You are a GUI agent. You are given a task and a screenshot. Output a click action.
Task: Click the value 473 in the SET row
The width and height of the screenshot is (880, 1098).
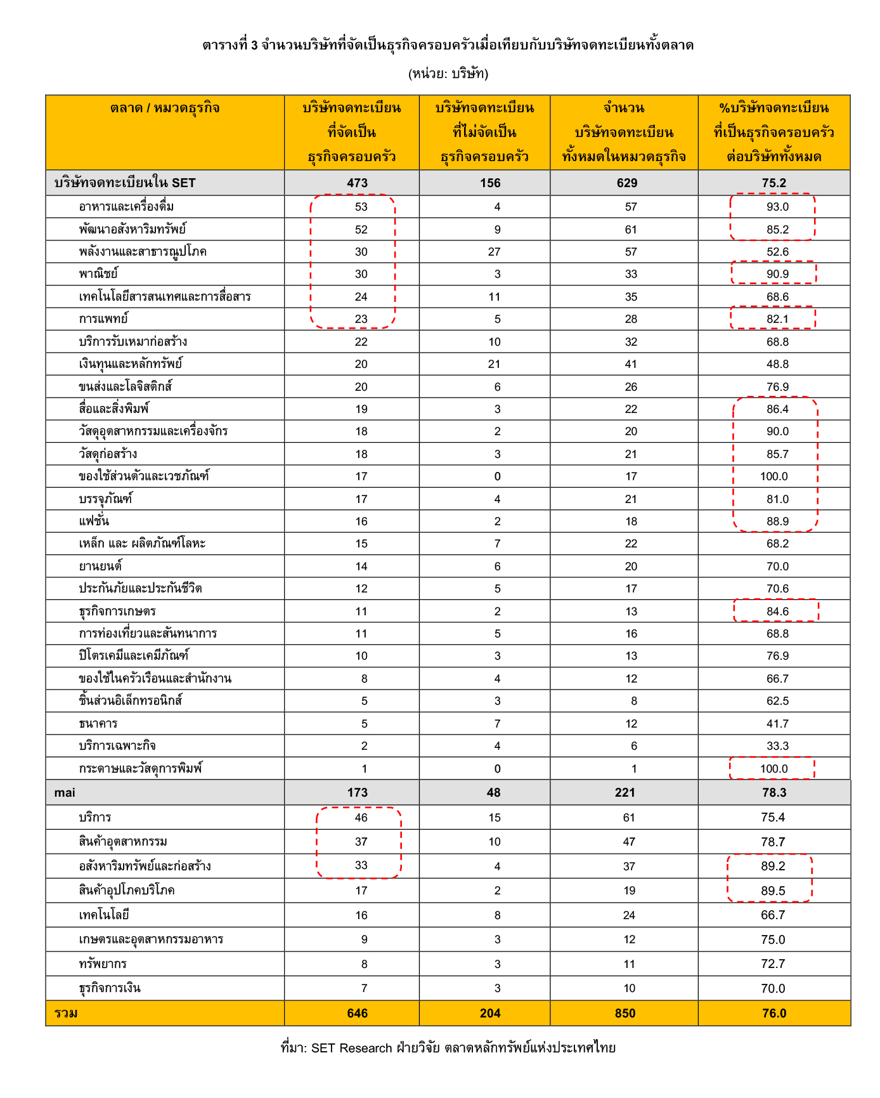(357, 183)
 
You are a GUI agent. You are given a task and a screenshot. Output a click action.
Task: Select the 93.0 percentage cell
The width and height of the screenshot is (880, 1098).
(777, 207)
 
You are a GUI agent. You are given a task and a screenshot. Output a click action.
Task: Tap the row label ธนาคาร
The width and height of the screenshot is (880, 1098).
(98, 724)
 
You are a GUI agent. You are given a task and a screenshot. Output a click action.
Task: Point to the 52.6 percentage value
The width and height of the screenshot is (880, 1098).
(777, 252)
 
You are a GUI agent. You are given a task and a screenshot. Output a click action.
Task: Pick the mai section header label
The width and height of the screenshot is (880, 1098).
(65, 793)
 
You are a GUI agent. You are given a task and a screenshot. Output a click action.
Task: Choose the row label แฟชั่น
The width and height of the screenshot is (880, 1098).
(94, 521)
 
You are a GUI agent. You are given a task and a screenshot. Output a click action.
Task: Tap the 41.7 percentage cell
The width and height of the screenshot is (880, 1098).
(777, 724)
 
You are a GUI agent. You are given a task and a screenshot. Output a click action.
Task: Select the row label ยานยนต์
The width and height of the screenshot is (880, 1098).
(100, 566)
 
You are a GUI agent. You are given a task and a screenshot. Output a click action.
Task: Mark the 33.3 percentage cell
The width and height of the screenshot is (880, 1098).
(777, 746)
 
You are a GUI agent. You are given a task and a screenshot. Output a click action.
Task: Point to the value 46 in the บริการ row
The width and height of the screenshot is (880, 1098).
(361, 818)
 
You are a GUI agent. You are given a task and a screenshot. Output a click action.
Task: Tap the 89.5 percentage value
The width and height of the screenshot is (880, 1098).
(773, 891)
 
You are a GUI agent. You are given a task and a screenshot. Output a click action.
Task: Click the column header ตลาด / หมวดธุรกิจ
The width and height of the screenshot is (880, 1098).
(165, 108)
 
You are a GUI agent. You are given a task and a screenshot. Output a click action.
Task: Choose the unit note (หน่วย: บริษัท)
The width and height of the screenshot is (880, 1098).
(448, 74)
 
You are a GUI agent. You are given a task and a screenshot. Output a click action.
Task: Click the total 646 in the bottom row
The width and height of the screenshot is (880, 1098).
(357, 1014)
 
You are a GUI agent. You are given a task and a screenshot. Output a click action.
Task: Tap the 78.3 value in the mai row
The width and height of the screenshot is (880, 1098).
(773, 793)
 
